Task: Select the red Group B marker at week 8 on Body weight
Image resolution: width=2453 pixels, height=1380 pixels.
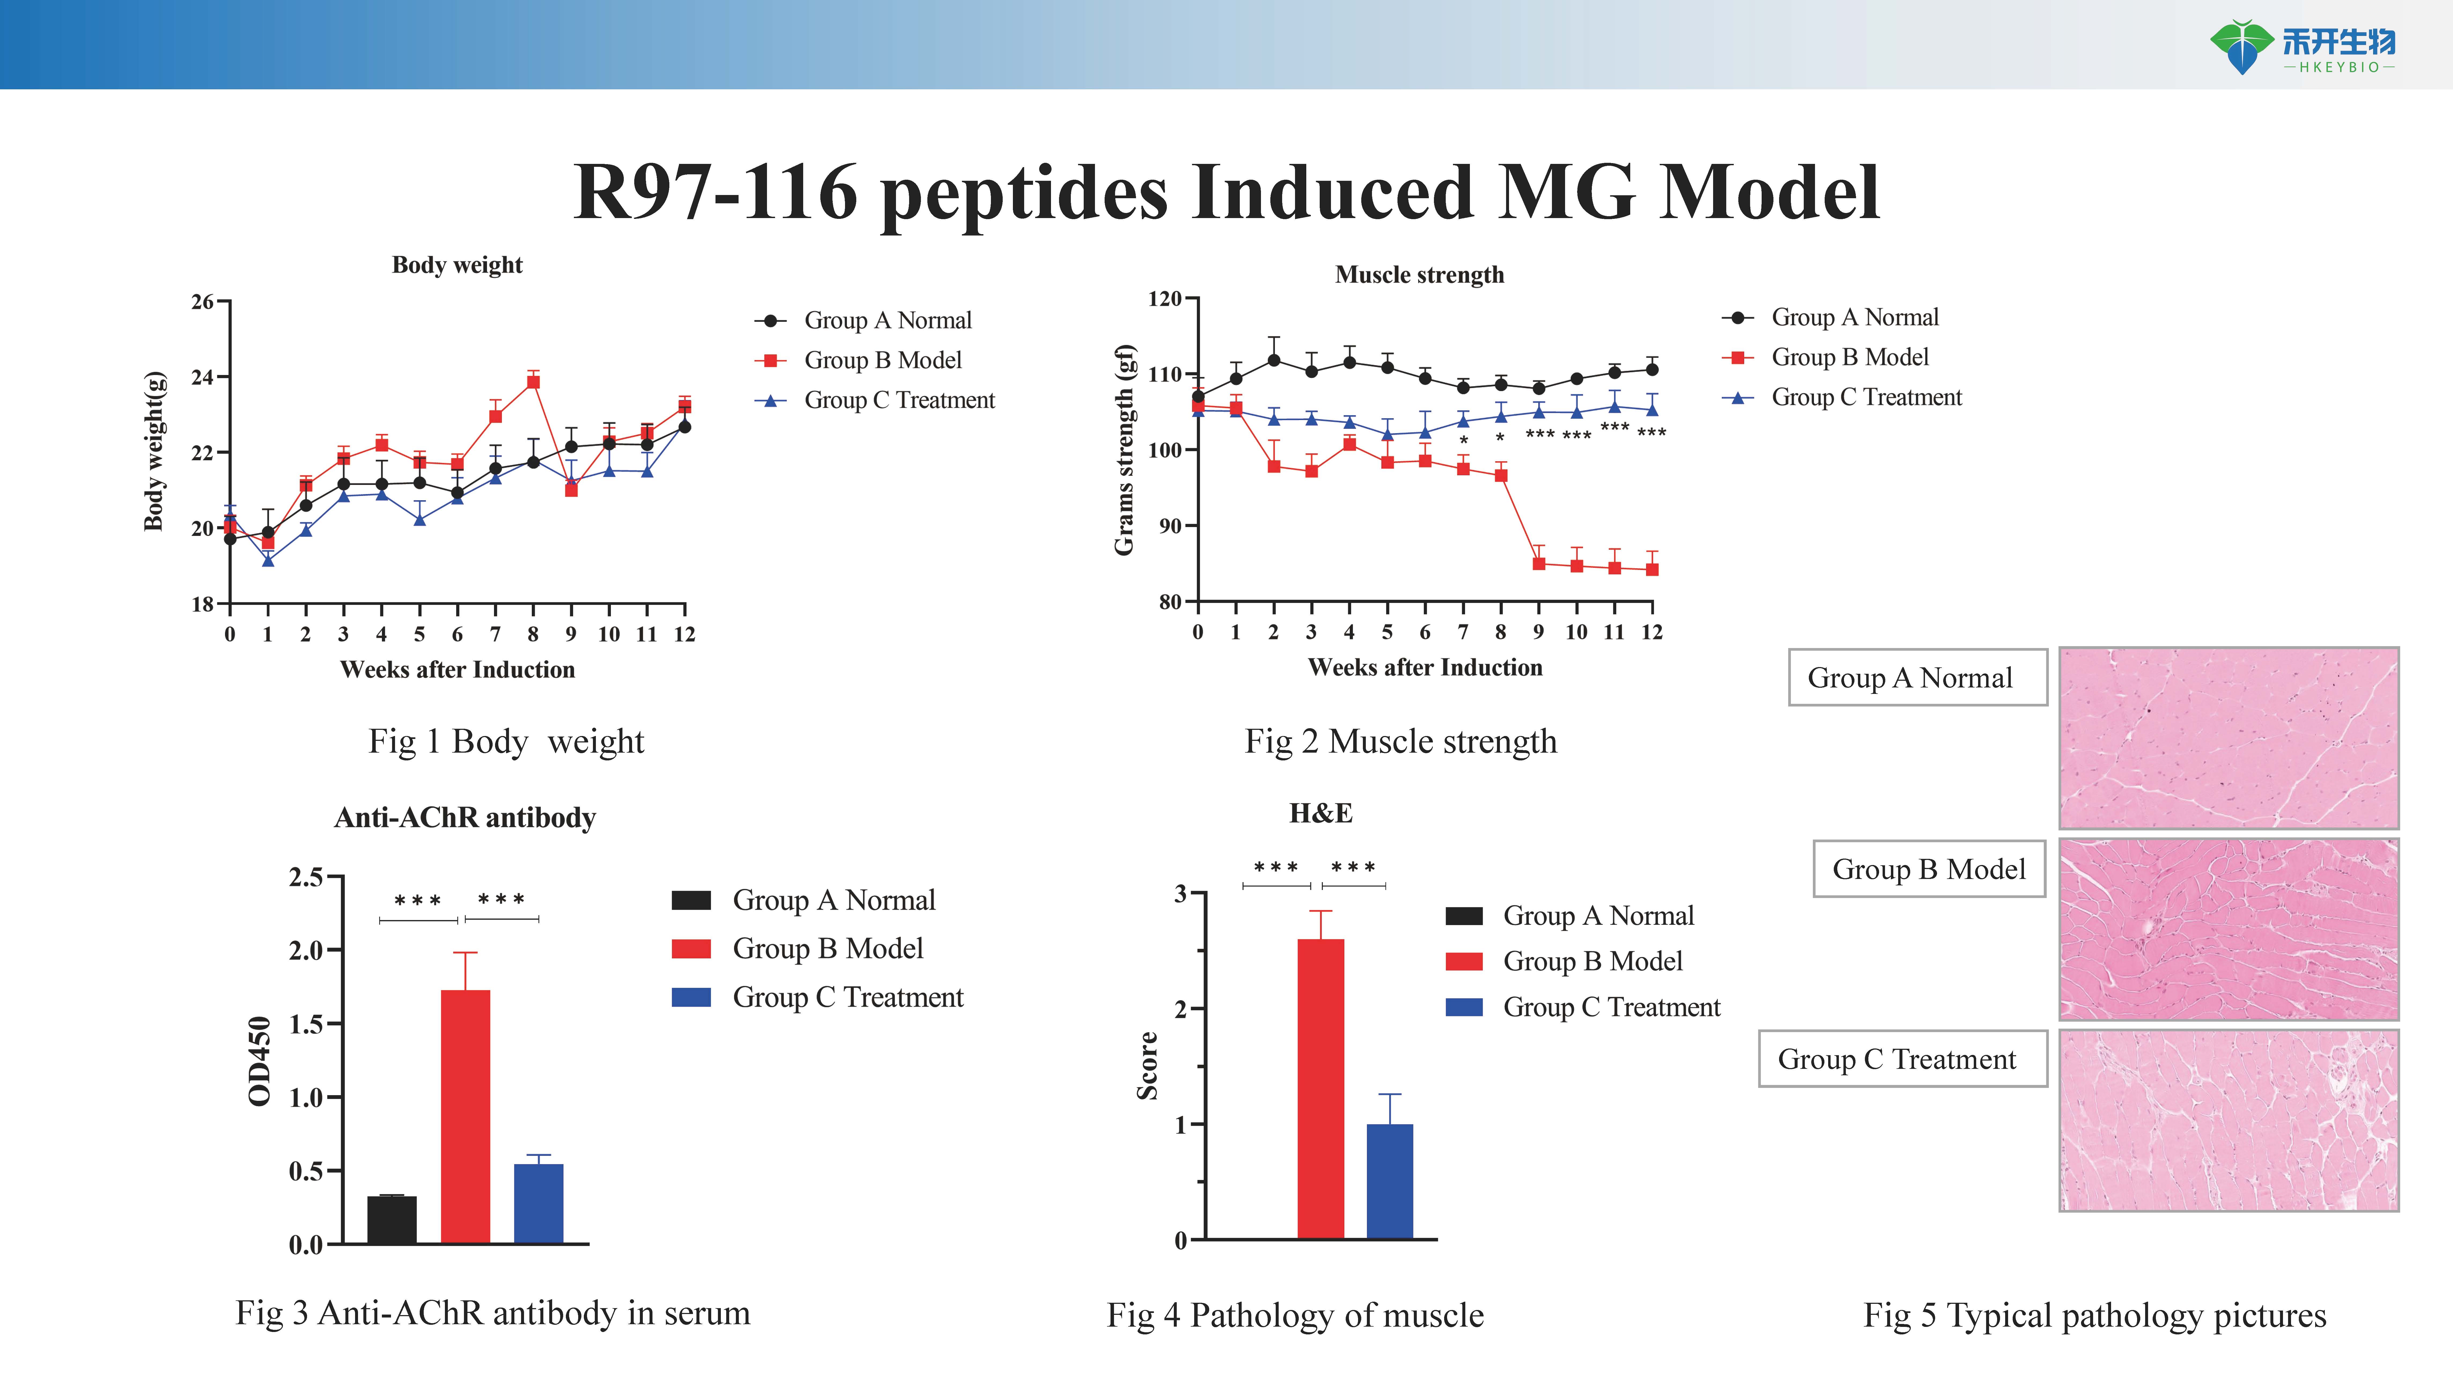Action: [533, 382]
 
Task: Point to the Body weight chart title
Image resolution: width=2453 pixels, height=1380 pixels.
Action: [457, 265]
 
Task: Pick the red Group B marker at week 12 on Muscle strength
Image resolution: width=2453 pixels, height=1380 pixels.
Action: [1652, 569]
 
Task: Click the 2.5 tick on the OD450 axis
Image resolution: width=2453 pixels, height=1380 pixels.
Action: [306, 876]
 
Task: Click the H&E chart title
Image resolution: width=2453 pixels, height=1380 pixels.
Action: [1321, 813]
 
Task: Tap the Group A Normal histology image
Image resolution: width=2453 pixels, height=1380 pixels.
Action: [2228, 738]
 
